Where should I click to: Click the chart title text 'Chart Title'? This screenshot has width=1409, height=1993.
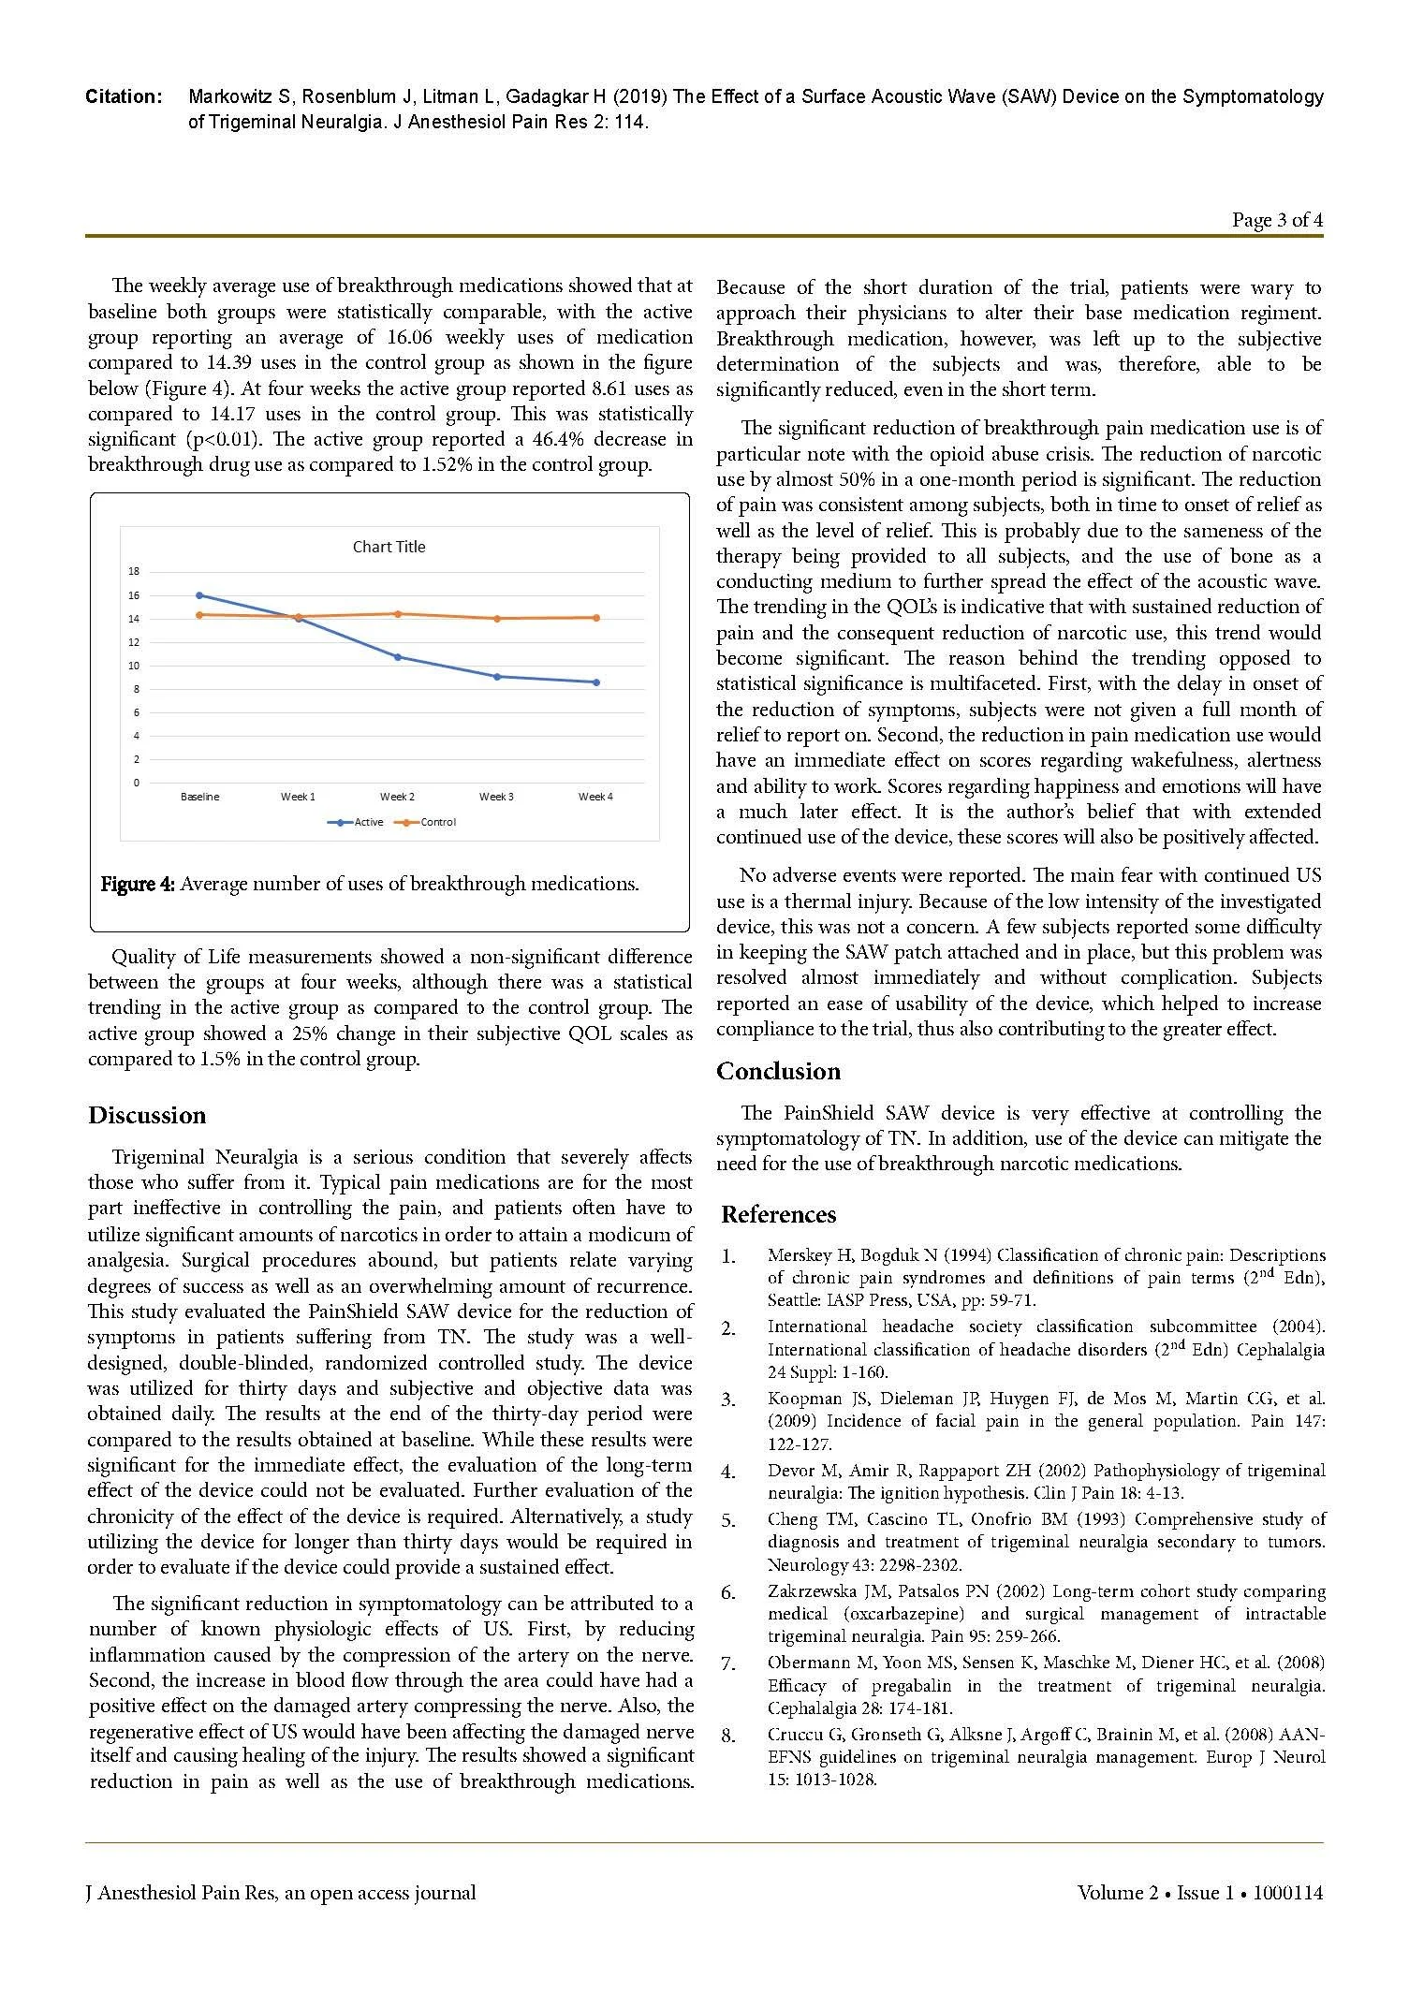coord(389,548)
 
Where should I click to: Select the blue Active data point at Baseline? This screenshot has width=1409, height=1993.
coord(199,595)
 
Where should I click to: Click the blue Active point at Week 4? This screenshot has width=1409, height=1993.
coord(595,682)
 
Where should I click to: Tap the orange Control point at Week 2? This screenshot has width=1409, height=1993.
coord(398,614)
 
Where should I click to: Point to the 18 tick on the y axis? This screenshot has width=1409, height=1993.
coord(134,572)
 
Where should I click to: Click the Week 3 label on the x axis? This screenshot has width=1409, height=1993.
coord(496,797)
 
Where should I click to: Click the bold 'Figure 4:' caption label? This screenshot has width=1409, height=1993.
coord(138,885)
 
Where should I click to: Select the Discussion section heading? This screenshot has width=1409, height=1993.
coord(147,1116)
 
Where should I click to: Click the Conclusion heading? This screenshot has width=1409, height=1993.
coord(778,1072)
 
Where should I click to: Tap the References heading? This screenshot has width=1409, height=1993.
coord(778,1215)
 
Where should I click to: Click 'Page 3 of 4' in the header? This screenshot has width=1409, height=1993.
coord(1277,221)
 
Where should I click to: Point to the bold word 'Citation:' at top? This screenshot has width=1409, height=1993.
coord(124,97)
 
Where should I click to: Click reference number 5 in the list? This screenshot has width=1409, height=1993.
coord(728,1520)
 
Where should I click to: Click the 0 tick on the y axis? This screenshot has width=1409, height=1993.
coord(136,784)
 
